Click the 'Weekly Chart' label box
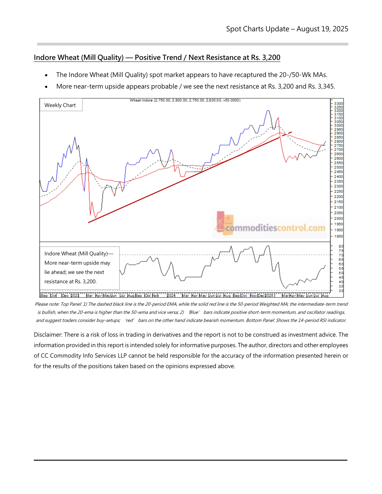point(60,105)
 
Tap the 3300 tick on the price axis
point(338,104)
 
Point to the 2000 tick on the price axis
point(338,219)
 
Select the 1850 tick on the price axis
point(338,236)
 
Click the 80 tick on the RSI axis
point(341,247)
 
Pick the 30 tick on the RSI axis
point(341,291)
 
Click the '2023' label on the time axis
point(75,296)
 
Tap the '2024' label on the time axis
point(171,296)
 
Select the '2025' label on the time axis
point(269,296)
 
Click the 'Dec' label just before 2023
point(65,296)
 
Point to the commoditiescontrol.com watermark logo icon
point(225,223)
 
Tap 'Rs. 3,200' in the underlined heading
point(265,58)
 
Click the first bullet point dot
point(46,75)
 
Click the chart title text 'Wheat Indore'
point(141,100)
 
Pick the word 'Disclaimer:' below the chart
point(48,335)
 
